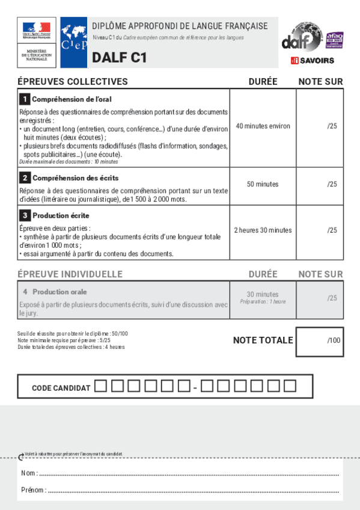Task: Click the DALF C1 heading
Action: pyautogui.click(x=118, y=58)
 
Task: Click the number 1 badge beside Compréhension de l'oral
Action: pyautogui.click(x=25, y=99)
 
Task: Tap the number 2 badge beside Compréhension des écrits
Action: pyautogui.click(x=25, y=178)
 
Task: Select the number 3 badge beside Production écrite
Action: pyautogui.click(x=25, y=215)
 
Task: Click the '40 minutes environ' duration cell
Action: pyautogui.click(x=263, y=126)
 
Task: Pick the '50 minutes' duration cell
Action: pyautogui.click(x=263, y=184)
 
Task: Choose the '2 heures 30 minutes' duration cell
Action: pyautogui.click(x=263, y=230)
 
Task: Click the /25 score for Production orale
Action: pyautogui.click(x=332, y=298)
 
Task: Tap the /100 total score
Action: pyautogui.click(x=334, y=340)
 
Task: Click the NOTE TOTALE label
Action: pyautogui.click(x=263, y=340)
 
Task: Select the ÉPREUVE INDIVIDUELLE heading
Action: pyautogui.click(x=70, y=274)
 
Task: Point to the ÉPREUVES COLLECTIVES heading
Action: pyautogui.click(x=73, y=82)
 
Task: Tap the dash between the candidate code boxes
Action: pyautogui.click(x=195, y=388)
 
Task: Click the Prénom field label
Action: pyautogui.click(x=33, y=490)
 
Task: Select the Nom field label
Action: pyautogui.click(x=29, y=473)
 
